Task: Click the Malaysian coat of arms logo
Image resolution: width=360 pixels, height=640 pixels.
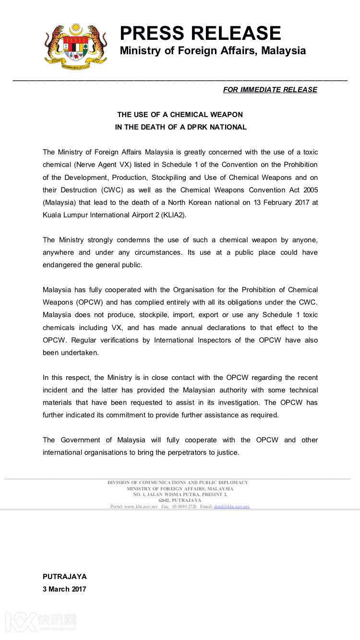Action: [x=76, y=47]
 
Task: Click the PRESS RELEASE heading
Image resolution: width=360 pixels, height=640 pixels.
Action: [x=200, y=33]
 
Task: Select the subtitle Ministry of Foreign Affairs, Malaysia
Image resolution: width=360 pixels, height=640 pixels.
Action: [x=213, y=51]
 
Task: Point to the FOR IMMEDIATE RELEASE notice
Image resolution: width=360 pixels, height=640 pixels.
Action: [x=270, y=90]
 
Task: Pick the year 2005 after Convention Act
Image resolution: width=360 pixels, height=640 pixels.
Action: [x=308, y=190]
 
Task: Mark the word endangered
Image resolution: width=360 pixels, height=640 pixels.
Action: [x=61, y=265]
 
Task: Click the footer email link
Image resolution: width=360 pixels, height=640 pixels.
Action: [x=232, y=507]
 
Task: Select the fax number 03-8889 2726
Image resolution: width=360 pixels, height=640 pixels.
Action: [x=184, y=507]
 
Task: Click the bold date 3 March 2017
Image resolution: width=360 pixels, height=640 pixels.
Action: [x=64, y=589]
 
